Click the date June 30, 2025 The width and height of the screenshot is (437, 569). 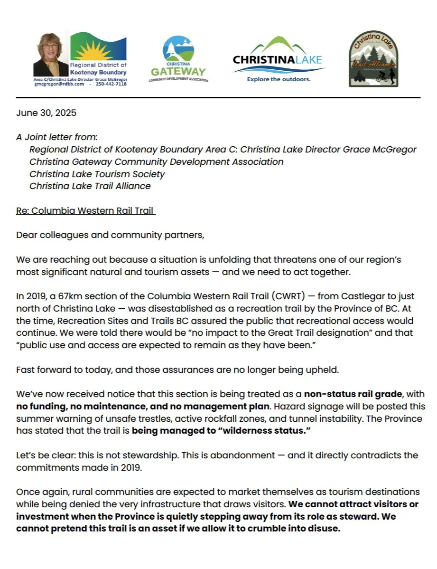pyautogui.click(x=46, y=113)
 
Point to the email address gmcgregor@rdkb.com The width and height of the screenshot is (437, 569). pyautogui.click(x=59, y=84)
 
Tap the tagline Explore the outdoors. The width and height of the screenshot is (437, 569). pyautogui.click(x=279, y=79)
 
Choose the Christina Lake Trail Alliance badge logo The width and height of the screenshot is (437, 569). pyautogui.click(x=373, y=59)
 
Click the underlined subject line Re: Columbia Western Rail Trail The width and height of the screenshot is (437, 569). pyautogui.click(x=86, y=211)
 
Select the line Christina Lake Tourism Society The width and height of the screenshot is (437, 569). pyautogui.click(x=97, y=174)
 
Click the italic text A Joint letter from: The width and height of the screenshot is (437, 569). pyautogui.click(x=56, y=137)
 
